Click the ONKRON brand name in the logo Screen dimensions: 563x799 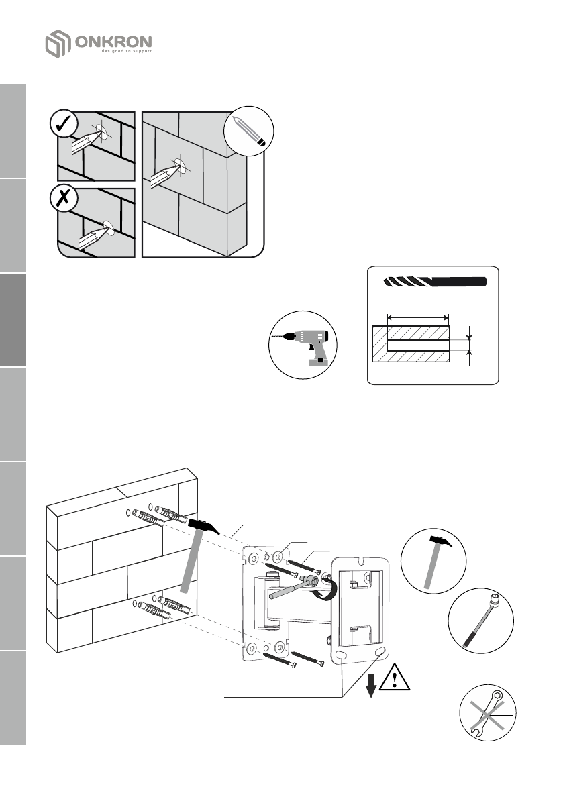[x=114, y=42]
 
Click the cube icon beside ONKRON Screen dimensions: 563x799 [x=58, y=44]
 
